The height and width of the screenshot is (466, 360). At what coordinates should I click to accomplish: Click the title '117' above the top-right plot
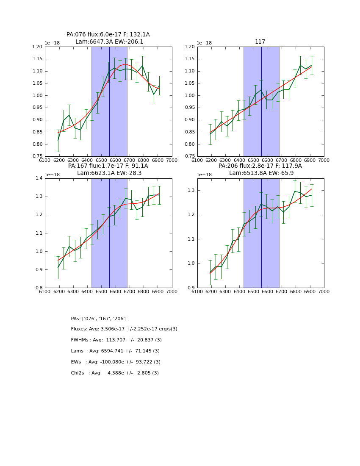(260, 42)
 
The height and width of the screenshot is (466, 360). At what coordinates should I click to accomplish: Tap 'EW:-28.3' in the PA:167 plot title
(130, 173)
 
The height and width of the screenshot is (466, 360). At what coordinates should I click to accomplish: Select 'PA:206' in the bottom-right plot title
(228, 166)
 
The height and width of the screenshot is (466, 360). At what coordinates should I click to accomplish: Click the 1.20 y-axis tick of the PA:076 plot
(38, 47)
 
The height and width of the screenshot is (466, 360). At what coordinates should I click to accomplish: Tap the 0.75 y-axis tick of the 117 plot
(190, 156)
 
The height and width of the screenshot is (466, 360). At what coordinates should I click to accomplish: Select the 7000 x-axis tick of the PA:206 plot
(324, 291)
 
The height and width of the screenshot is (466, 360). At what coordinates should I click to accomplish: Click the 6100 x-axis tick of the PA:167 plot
(45, 291)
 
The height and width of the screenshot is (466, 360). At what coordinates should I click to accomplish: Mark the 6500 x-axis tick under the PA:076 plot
(101, 160)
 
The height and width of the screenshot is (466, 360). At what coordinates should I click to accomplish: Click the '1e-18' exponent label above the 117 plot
(204, 43)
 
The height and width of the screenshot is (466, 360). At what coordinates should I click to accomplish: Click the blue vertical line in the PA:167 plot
(109, 233)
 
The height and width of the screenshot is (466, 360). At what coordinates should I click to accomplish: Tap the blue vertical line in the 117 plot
(261, 102)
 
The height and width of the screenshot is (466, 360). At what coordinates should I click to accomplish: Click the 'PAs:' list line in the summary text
(99, 319)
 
